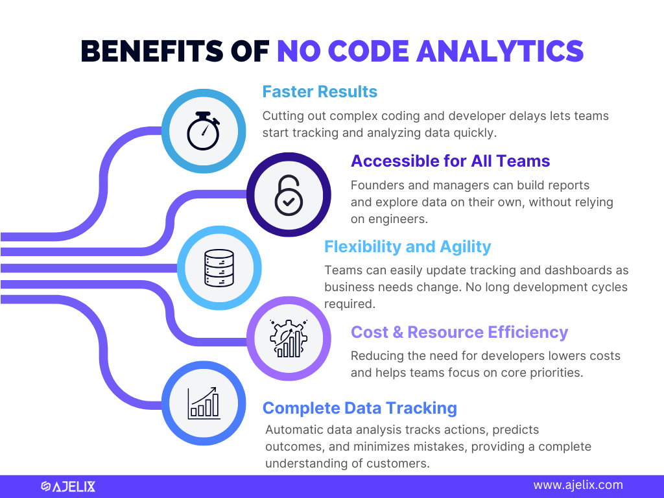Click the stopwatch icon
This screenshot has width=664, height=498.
click(x=204, y=131)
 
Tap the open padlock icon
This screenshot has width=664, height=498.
click(x=289, y=195)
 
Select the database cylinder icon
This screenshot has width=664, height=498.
click(x=219, y=268)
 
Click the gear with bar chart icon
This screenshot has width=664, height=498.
click(x=289, y=338)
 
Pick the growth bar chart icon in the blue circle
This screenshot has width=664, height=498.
click(x=204, y=403)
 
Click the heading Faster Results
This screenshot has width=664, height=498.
click(x=320, y=91)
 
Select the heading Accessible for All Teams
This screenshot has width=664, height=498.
click(x=450, y=161)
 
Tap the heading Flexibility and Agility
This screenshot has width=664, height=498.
click(x=407, y=246)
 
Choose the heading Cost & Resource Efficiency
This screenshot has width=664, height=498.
click(x=460, y=332)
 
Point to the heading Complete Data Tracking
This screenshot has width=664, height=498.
click(x=359, y=408)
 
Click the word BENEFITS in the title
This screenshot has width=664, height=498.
click(x=152, y=51)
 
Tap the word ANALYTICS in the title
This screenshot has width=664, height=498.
click(x=500, y=51)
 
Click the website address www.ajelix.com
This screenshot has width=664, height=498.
click(x=578, y=485)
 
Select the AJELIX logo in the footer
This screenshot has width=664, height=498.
click(x=68, y=486)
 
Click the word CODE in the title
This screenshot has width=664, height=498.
click(x=368, y=51)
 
